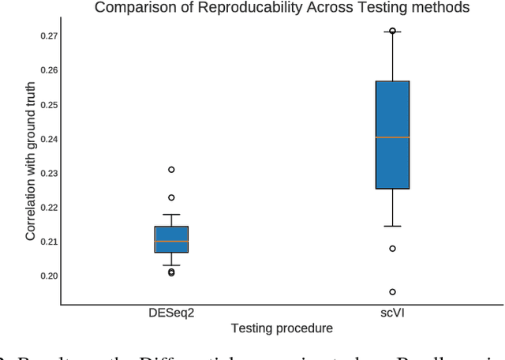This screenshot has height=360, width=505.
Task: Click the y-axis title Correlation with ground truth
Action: [x=30, y=161]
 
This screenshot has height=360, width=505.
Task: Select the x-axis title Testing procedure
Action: [x=282, y=328]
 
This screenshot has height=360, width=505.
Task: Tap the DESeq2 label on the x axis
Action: [x=171, y=313]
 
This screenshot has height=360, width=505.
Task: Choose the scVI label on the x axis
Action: [x=392, y=313]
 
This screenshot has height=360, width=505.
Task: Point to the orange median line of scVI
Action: [x=392, y=137]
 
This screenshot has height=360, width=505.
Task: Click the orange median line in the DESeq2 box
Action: [x=171, y=242]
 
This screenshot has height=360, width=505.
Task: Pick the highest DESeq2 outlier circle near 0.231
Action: [x=171, y=170]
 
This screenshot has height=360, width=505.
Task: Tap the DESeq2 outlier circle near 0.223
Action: [x=171, y=197]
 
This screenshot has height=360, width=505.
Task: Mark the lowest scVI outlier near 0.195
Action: [x=392, y=292]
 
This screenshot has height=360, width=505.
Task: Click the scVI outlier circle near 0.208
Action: [x=392, y=249]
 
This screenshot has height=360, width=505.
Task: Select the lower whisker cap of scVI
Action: [x=392, y=226]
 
